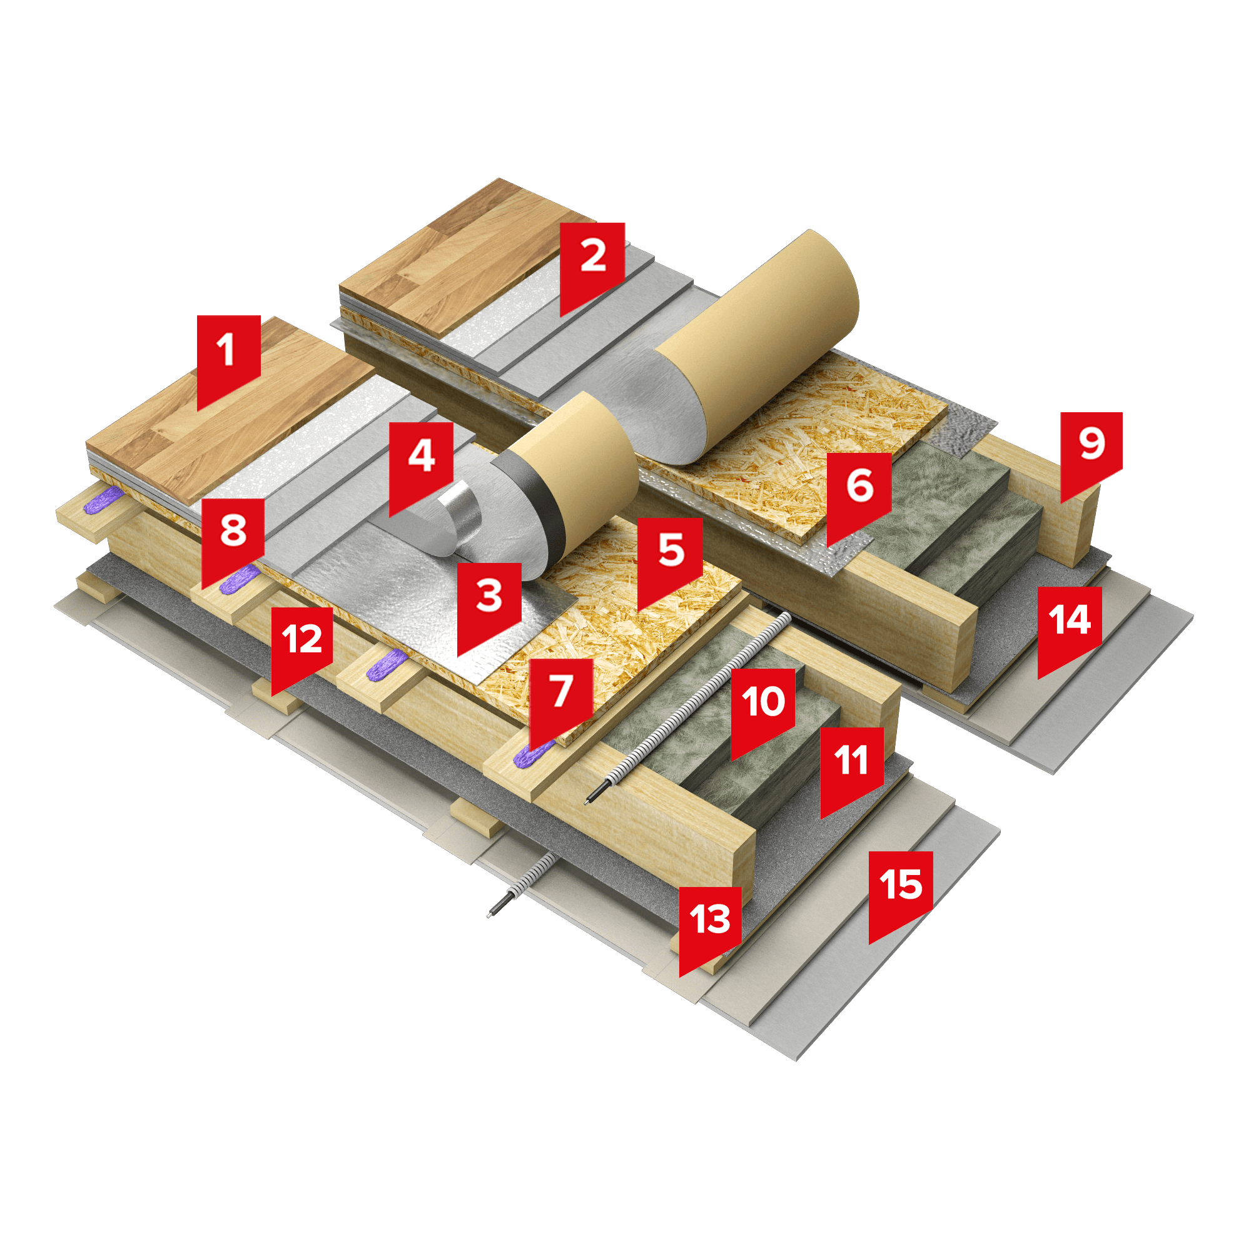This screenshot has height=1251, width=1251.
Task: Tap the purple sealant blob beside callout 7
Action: click(533, 753)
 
